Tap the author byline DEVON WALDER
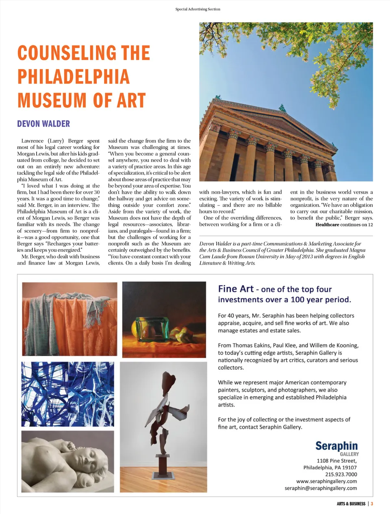pos(43,124)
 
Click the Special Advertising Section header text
pos(197,9)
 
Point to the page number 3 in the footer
pos(372,504)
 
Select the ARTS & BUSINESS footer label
pos(351,504)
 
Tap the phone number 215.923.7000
pos(341,474)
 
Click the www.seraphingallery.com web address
pos(326,481)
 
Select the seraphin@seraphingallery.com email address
pos(321,488)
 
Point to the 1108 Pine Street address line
pos(337,461)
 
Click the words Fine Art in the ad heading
pos(236,289)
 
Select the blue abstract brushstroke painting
pos(67,394)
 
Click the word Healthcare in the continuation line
pos(327,225)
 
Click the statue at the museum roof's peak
pos(282,108)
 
